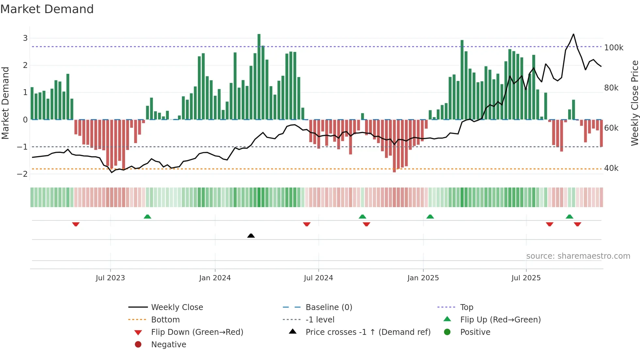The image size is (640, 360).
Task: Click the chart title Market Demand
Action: [47, 9]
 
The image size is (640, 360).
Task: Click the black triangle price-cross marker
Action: [251, 236]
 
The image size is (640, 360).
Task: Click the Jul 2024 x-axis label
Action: [318, 278]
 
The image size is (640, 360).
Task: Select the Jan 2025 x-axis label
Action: [423, 278]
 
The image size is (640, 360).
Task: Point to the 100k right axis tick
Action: [614, 48]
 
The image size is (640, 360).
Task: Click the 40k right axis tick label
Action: [611, 168]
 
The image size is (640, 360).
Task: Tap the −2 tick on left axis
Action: [22, 174]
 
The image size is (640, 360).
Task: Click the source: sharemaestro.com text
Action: [578, 256]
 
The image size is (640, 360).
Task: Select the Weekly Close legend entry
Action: [177, 307]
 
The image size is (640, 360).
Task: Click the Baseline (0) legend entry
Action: [328, 307]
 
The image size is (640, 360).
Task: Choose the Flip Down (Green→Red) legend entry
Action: [197, 332]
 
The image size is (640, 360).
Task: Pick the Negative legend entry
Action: [168, 345]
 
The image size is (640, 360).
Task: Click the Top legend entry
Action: [466, 307]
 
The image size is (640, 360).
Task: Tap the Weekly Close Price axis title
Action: [634, 103]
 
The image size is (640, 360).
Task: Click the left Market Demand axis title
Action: [5, 103]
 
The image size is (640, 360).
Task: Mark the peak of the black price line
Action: [573, 34]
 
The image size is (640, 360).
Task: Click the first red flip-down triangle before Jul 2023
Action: [76, 224]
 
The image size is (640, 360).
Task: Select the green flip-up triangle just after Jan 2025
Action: [430, 217]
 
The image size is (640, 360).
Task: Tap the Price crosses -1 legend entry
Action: [368, 332]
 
